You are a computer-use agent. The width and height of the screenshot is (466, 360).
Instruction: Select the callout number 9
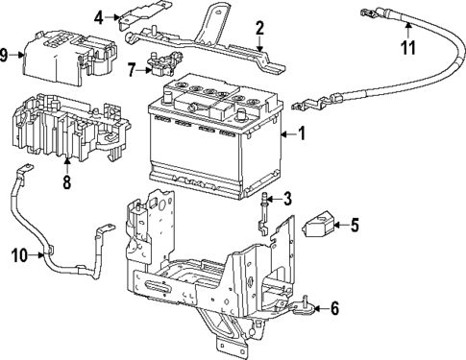click(x=8, y=55)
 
